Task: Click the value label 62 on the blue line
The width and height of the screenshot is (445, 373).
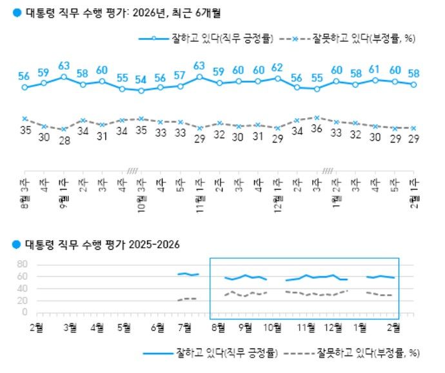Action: click(x=277, y=67)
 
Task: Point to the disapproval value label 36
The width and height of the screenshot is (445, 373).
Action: click(x=316, y=129)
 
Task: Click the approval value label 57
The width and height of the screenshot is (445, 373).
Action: click(x=180, y=75)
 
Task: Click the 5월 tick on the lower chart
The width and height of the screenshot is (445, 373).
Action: click(x=128, y=327)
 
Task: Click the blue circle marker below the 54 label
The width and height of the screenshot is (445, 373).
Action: click(x=141, y=91)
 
